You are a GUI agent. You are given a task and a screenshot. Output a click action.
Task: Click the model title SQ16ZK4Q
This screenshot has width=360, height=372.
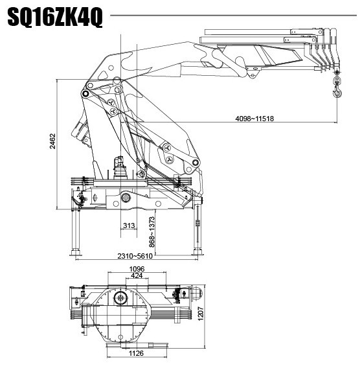(x=55, y=17)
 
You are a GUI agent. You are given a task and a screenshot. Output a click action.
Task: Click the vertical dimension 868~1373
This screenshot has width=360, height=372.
(x=152, y=231)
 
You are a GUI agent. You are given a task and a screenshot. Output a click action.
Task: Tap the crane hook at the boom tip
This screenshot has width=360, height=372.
(x=337, y=93)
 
